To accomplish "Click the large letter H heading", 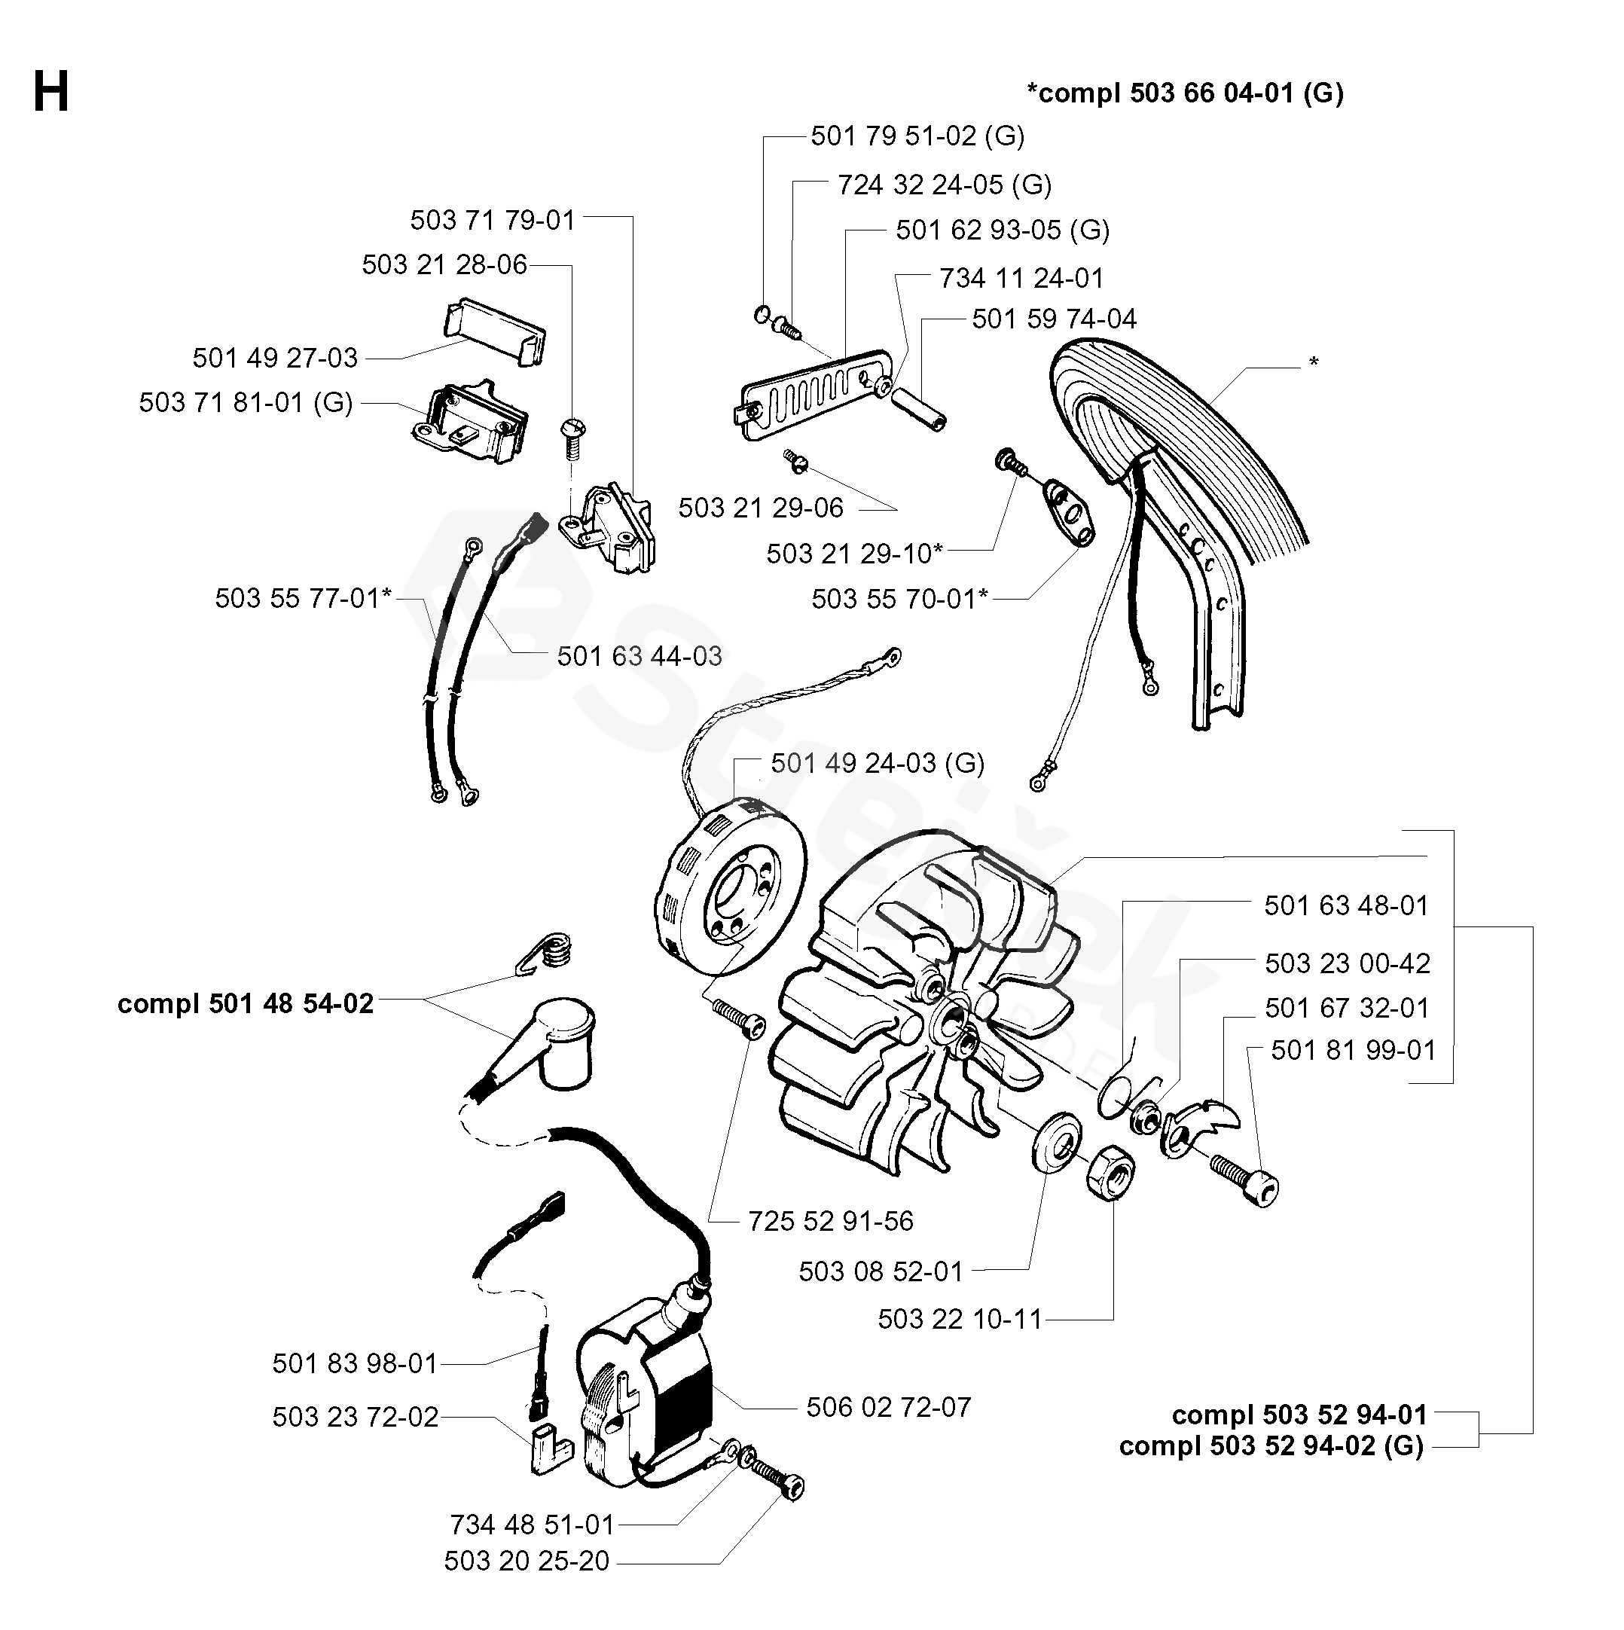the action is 50,92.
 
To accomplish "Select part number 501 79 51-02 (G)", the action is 918,136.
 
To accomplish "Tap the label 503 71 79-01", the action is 493,220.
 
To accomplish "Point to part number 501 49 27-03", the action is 275,358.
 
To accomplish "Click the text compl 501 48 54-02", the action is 246,1003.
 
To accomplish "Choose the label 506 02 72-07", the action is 888,1406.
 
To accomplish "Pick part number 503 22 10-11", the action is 960,1319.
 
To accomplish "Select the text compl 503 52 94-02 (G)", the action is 1271,1445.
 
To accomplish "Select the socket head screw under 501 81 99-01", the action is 1245,1180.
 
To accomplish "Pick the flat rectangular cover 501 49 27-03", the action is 494,330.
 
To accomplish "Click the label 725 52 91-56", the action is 831,1221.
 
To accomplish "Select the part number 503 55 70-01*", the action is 899,599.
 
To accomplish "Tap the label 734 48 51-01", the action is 533,1525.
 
